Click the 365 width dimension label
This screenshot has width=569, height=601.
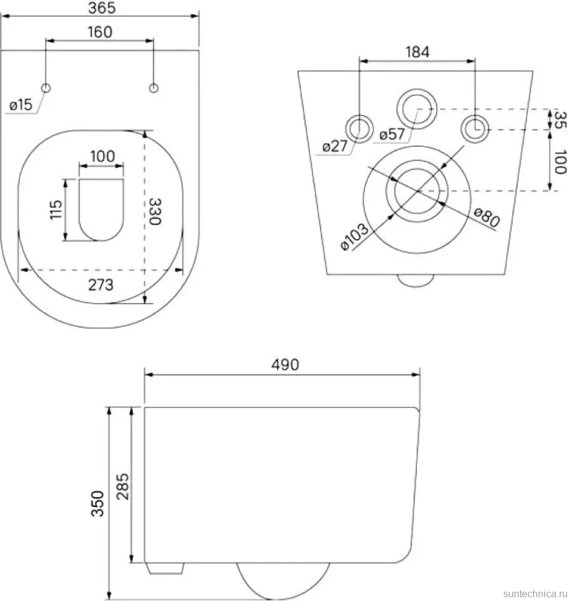pos(102,8)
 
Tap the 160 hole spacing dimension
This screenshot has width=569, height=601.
pos(100,32)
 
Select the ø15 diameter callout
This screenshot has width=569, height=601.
pos(21,105)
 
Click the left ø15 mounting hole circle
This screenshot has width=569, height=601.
pos(46,88)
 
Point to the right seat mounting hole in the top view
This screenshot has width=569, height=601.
pos(154,88)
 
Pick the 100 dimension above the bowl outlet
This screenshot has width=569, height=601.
pos(102,156)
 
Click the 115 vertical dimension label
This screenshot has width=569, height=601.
pos(56,209)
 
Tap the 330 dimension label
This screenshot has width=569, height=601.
pos(155,211)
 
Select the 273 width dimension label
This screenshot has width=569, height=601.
pos(101,285)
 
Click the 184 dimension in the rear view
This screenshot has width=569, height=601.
pos(418,52)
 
